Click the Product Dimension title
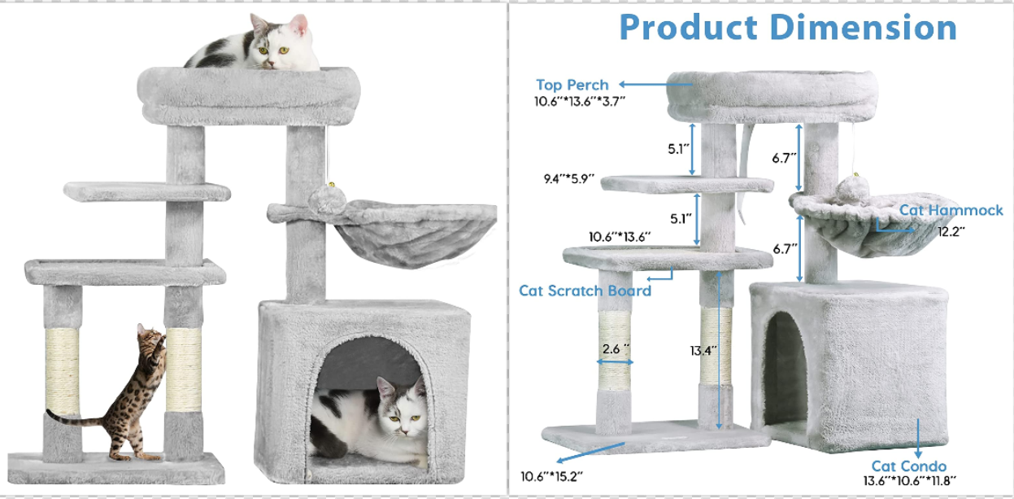click(787, 27)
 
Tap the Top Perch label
click(572, 85)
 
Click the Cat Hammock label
click(951, 211)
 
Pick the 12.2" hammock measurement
click(948, 231)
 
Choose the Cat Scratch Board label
click(585, 290)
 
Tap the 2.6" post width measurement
click(616, 348)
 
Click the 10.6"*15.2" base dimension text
click(552, 475)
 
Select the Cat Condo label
click(908, 466)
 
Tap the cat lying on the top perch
click(256, 45)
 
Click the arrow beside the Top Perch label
click(642, 84)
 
